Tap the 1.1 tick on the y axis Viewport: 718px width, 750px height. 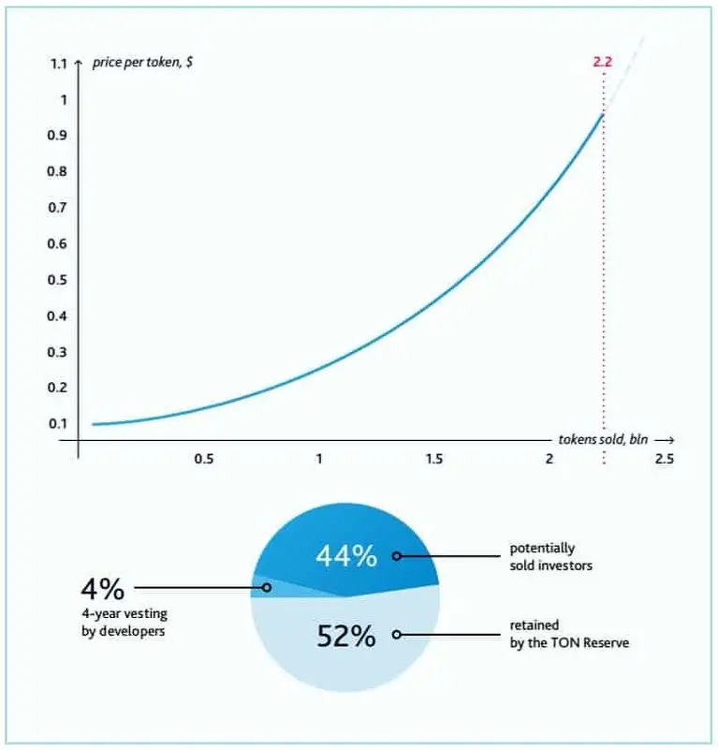pos(58,65)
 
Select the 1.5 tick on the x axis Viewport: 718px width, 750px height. pos(434,459)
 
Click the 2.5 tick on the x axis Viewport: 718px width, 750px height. pos(664,459)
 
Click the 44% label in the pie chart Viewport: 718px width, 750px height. pos(346,556)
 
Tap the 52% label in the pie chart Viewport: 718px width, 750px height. pos(346,637)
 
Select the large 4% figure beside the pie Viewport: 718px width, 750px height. pos(102,589)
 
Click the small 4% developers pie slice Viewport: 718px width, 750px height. pos(264,588)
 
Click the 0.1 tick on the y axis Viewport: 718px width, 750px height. pos(58,423)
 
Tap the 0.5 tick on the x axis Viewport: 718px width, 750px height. pos(203,459)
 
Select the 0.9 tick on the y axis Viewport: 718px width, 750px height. pos(58,136)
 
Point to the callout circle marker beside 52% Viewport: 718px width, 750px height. pos(396,634)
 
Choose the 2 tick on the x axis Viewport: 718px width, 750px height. pos(550,459)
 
